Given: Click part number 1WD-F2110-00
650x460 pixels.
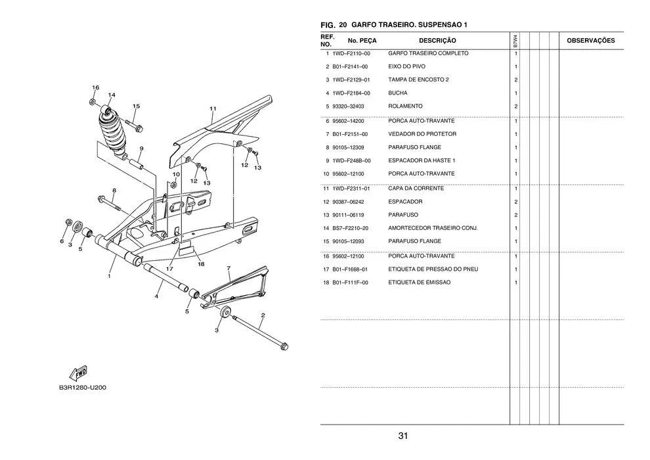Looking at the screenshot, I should (x=351, y=53).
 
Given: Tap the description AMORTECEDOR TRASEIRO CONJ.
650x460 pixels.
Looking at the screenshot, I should (x=433, y=228).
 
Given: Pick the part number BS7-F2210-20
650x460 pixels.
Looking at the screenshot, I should (x=350, y=228).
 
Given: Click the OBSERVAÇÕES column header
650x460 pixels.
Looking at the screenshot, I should (x=590, y=41).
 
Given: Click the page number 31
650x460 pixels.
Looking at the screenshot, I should (x=403, y=436).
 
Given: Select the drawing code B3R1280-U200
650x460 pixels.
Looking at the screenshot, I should (x=83, y=387).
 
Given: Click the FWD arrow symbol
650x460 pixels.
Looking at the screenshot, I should (x=79, y=373).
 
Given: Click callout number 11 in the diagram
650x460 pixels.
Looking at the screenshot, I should (x=213, y=108).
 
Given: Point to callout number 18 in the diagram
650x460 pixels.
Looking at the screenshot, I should (x=201, y=264).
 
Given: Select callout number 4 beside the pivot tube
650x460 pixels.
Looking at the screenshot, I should (x=156, y=296).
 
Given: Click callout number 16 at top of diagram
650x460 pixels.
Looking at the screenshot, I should (x=95, y=87).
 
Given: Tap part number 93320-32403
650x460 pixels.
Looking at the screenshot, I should (x=348, y=106).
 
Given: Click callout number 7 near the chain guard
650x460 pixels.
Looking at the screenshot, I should (x=228, y=268).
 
